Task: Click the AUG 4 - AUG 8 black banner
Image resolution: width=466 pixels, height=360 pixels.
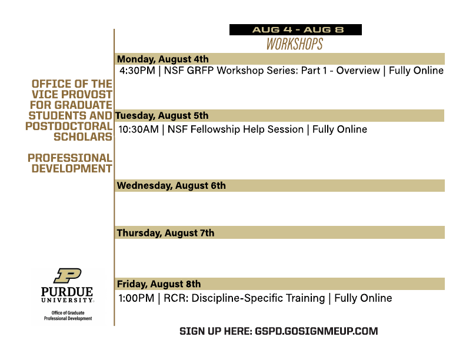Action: coord(295,29)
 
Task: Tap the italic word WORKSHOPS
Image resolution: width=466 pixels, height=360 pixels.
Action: coord(295,44)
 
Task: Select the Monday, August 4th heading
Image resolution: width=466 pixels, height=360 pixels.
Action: coord(162,59)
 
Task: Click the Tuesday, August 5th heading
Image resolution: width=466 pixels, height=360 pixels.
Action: coord(162,115)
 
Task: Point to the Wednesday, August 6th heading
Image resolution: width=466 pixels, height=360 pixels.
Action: coord(171,186)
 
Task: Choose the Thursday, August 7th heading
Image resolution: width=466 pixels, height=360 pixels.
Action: coord(165,233)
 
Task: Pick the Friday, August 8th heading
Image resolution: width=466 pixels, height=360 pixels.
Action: coord(159,284)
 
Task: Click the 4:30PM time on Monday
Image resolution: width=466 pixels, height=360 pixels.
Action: coord(137,71)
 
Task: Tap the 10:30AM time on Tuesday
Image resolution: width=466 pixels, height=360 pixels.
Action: coord(138,129)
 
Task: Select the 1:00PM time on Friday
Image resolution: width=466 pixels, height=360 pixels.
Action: coord(136,298)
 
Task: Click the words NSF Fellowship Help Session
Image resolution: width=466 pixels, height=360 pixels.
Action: coord(235,129)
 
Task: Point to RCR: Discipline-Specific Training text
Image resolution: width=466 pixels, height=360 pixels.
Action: coord(244,298)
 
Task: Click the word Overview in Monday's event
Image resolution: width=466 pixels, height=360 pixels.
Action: coord(358,71)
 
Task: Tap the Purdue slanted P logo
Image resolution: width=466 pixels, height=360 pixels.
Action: coord(68,276)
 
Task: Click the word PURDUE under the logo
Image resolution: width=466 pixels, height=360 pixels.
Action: coord(67,291)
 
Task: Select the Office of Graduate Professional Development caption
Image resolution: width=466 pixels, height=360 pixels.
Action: coord(68,315)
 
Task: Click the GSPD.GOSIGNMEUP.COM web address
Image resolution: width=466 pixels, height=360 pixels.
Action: coord(316,331)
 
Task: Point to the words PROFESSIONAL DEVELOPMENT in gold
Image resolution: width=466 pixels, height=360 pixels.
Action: coord(70,163)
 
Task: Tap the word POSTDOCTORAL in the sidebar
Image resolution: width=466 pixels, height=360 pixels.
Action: coord(69,126)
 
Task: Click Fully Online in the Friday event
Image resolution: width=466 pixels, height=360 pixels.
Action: coord(363,298)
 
